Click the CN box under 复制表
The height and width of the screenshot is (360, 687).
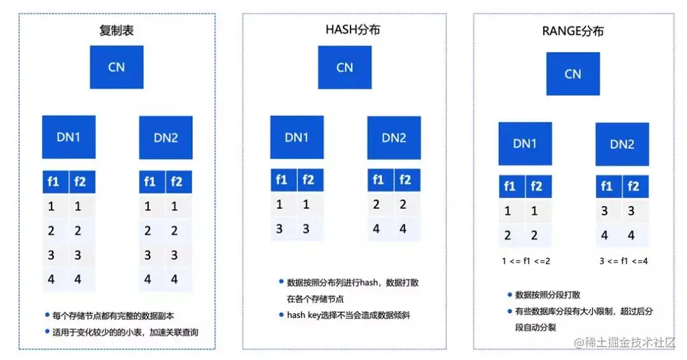coord(116,67)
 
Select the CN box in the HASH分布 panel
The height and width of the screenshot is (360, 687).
coord(345,67)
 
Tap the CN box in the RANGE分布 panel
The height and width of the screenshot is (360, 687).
coord(572,74)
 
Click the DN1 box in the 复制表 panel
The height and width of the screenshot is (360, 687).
coord(69,137)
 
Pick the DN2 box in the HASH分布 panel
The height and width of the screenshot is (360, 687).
coord(394,137)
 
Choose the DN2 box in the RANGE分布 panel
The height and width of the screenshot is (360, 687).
coord(622,144)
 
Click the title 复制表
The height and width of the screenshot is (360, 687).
coord(116,31)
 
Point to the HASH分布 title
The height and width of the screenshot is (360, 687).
coord(344,31)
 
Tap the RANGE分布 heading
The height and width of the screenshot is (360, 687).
coord(572,31)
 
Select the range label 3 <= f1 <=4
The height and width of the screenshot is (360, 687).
coord(623,261)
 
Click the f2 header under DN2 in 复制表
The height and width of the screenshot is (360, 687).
coord(176,182)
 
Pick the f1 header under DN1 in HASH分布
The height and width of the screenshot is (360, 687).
coord(281,181)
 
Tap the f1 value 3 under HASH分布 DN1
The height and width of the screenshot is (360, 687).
coord(279,228)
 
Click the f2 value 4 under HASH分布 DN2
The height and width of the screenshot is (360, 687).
coord(403,228)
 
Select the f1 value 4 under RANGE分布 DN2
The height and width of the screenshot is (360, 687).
coord(604,235)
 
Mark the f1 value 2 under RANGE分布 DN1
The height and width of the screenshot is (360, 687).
coord(508,235)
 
